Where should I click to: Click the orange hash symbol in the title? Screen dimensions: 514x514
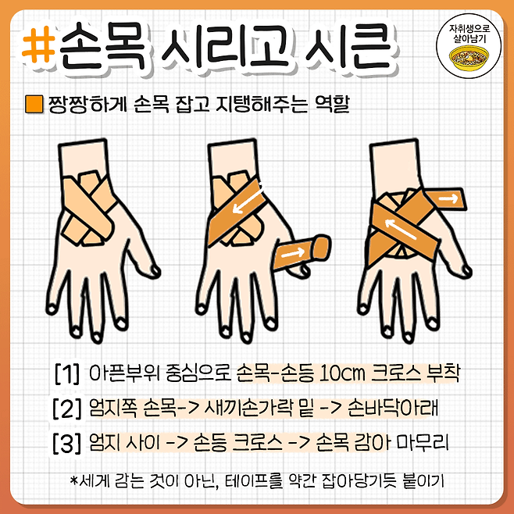[38, 45]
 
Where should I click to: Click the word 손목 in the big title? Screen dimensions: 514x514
[102, 46]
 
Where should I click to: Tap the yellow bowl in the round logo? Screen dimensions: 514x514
[469, 59]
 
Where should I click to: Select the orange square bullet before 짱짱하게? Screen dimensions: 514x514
[34, 104]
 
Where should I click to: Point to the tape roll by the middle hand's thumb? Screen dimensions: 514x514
[302, 252]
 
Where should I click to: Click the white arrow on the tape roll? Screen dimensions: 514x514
[293, 253]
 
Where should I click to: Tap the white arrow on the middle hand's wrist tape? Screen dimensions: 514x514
[248, 200]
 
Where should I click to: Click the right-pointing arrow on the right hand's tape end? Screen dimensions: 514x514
[448, 198]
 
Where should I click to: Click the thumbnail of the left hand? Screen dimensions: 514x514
[155, 270]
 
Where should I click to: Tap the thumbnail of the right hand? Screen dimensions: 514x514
[466, 270]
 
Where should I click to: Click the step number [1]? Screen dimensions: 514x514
[67, 373]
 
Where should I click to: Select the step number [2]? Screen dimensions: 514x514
[67, 409]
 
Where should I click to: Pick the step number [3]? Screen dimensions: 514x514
[67, 443]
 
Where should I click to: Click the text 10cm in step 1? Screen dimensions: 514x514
[341, 373]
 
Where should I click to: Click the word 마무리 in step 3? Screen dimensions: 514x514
[422, 443]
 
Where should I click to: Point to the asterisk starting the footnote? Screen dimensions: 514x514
[74, 480]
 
